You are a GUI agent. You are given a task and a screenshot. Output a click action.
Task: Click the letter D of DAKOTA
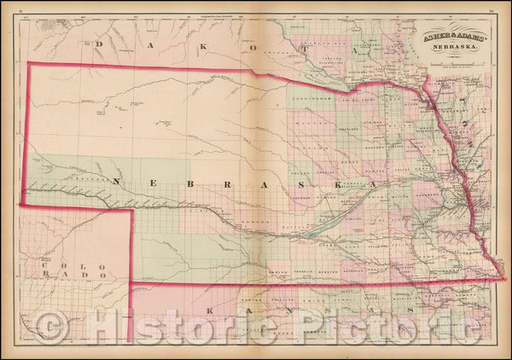click(x=99, y=45)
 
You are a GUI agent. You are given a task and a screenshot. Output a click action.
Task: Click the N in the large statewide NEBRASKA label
click(x=116, y=180)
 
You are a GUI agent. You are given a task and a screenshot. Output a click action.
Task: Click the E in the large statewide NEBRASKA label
click(x=159, y=181)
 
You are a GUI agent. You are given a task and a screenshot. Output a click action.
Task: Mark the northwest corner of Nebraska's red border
click(x=29, y=63)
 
